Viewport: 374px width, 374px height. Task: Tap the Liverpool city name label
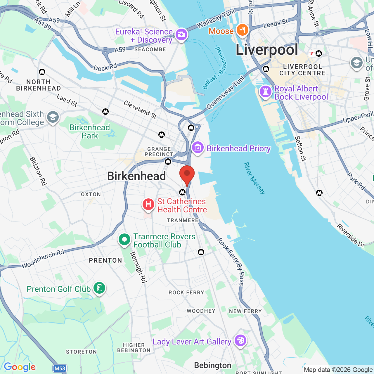click(267, 50)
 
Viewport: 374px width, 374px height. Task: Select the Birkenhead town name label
click(136, 176)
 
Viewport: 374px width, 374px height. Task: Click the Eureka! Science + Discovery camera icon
click(181, 35)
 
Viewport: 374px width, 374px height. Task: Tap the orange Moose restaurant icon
click(242, 30)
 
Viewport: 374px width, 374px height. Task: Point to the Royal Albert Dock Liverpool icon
click(266, 92)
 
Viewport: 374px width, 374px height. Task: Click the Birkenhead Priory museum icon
click(198, 148)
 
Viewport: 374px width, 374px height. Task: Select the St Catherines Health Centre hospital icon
click(148, 204)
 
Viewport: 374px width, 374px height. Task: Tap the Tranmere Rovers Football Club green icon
click(124, 240)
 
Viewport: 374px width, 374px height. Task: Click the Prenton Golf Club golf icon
click(99, 288)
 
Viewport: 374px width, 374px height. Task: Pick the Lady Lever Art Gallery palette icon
click(240, 341)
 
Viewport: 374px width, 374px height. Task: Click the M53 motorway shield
click(60, 368)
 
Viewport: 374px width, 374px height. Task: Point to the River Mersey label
click(254, 178)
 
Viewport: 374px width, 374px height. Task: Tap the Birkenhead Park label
click(90, 131)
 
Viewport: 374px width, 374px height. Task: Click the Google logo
click(20, 367)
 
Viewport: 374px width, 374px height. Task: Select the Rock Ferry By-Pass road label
click(231, 261)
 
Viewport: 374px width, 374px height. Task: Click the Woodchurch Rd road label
click(43, 259)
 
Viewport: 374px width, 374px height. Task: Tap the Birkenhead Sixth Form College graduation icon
click(53, 117)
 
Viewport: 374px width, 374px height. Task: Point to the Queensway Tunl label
click(226, 93)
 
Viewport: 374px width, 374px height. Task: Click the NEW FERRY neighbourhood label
click(245, 311)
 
